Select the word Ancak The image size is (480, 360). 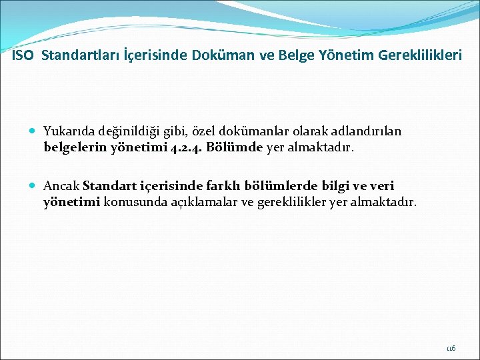coord(61,186)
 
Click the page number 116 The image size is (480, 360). coord(451,348)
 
